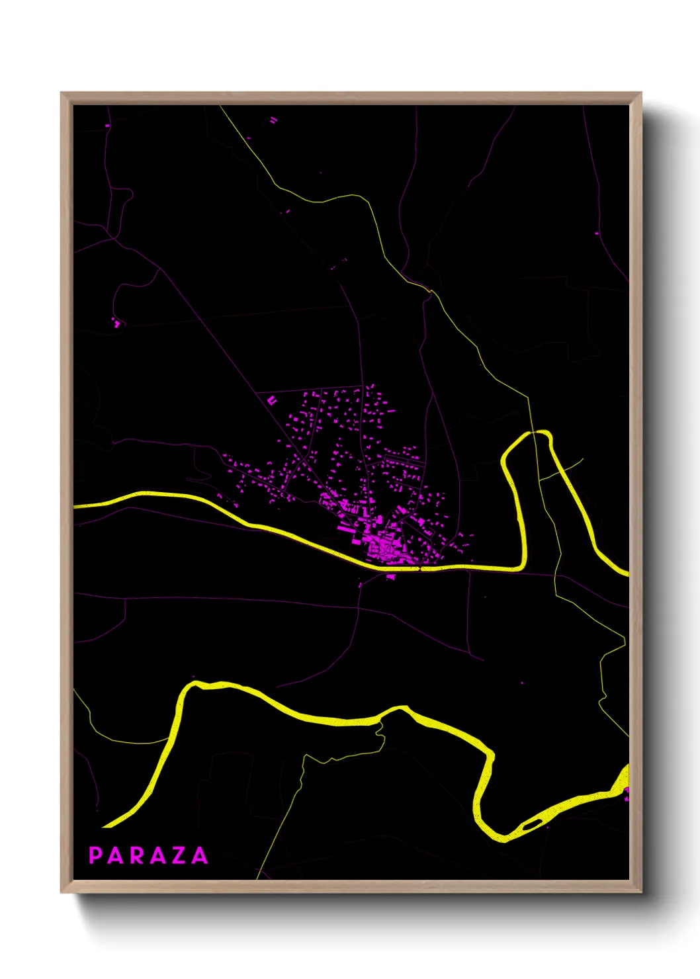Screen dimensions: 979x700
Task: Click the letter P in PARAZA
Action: point(95,855)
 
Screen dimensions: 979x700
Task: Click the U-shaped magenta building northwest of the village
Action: point(272,400)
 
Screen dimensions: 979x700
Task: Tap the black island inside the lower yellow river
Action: point(531,825)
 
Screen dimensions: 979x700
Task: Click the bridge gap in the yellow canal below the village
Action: point(421,568)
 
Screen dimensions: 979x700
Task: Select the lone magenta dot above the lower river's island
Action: point(523,682)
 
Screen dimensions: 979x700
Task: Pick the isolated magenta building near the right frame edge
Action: point(597,233)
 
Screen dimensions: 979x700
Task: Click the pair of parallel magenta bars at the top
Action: point(273,120)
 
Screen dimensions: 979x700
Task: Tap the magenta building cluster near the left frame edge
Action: point(116,323)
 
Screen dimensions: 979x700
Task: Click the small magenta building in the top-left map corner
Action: point(107,125)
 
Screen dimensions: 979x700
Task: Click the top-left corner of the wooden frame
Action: point(62,93)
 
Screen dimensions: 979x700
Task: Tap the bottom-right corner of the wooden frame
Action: point(640,892)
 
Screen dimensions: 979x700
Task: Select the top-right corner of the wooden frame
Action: point(640,93)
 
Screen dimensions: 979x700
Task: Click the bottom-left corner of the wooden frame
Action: point(62,892)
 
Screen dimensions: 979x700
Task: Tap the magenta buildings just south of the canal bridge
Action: point(390,577)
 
